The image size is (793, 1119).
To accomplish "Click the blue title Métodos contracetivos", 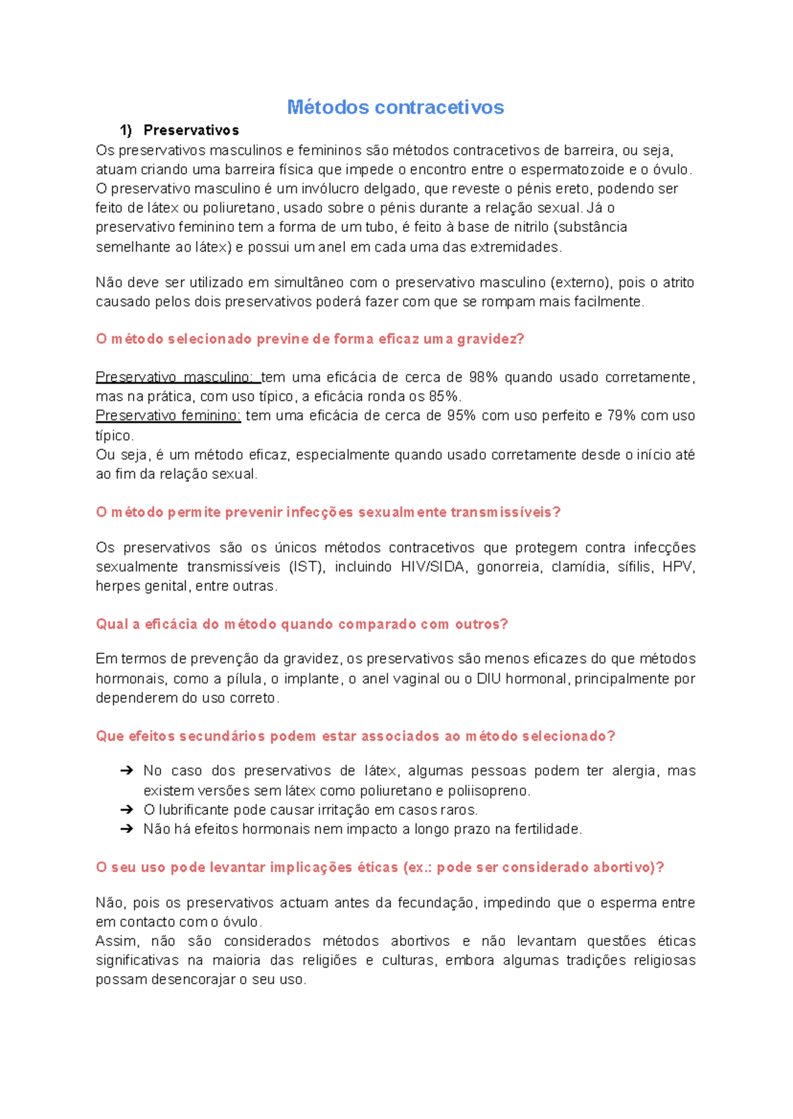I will coord(395,107).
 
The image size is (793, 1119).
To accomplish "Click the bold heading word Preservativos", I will coord(191,130).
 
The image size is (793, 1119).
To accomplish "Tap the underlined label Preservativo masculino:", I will coord(177,377).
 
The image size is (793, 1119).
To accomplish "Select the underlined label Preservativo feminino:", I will coord(168,415).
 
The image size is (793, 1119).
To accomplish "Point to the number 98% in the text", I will coord(483,377).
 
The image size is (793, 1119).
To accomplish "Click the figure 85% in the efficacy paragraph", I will coord(444,396).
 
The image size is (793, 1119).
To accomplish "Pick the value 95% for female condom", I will coord(461,415).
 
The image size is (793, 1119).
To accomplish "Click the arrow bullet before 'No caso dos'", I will coord(126,771).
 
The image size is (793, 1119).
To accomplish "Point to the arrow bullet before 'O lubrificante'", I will coord(126,810).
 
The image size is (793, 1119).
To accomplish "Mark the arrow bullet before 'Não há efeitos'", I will coord(126,829).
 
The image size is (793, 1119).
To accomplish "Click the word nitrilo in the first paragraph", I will coord(530,227).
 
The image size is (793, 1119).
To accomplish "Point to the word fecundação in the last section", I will coord(435,903).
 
